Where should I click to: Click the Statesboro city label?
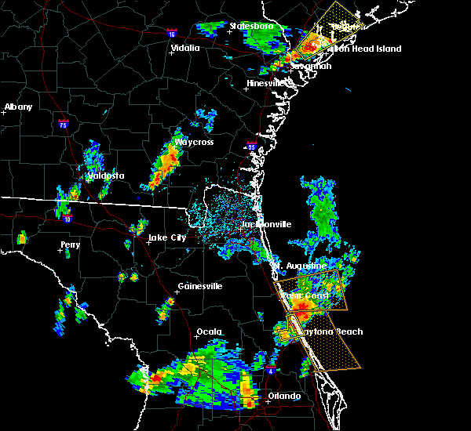pyautogui.click(x=251, y=26)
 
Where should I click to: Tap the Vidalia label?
pyautogui.click(x=185, y=48)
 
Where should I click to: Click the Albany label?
pyautogui.click(x=19, y=107)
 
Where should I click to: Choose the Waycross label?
pyautogui.click(x=195, y=143)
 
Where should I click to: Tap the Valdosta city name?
pyautogui.click(x=107, y=176)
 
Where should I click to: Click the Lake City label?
pyautogui.click(x=168, y=237)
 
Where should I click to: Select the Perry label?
pyautogui.click(x=70, y=245)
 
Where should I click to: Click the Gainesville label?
pyautogui.click(x=199, y=286)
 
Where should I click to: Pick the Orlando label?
pyautogui.click(x=284, y=396)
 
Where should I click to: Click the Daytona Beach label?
pyautogui.click(x=333, y=331)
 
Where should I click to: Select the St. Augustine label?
pyautogui.click(x=301, y=266)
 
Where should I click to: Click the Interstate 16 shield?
pyautogui.click(x=172, y=34)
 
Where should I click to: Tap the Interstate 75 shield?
pyautogui.click(x=64, y=124)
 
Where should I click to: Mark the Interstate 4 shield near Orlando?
pyautogui.click(x=271, y=368)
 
